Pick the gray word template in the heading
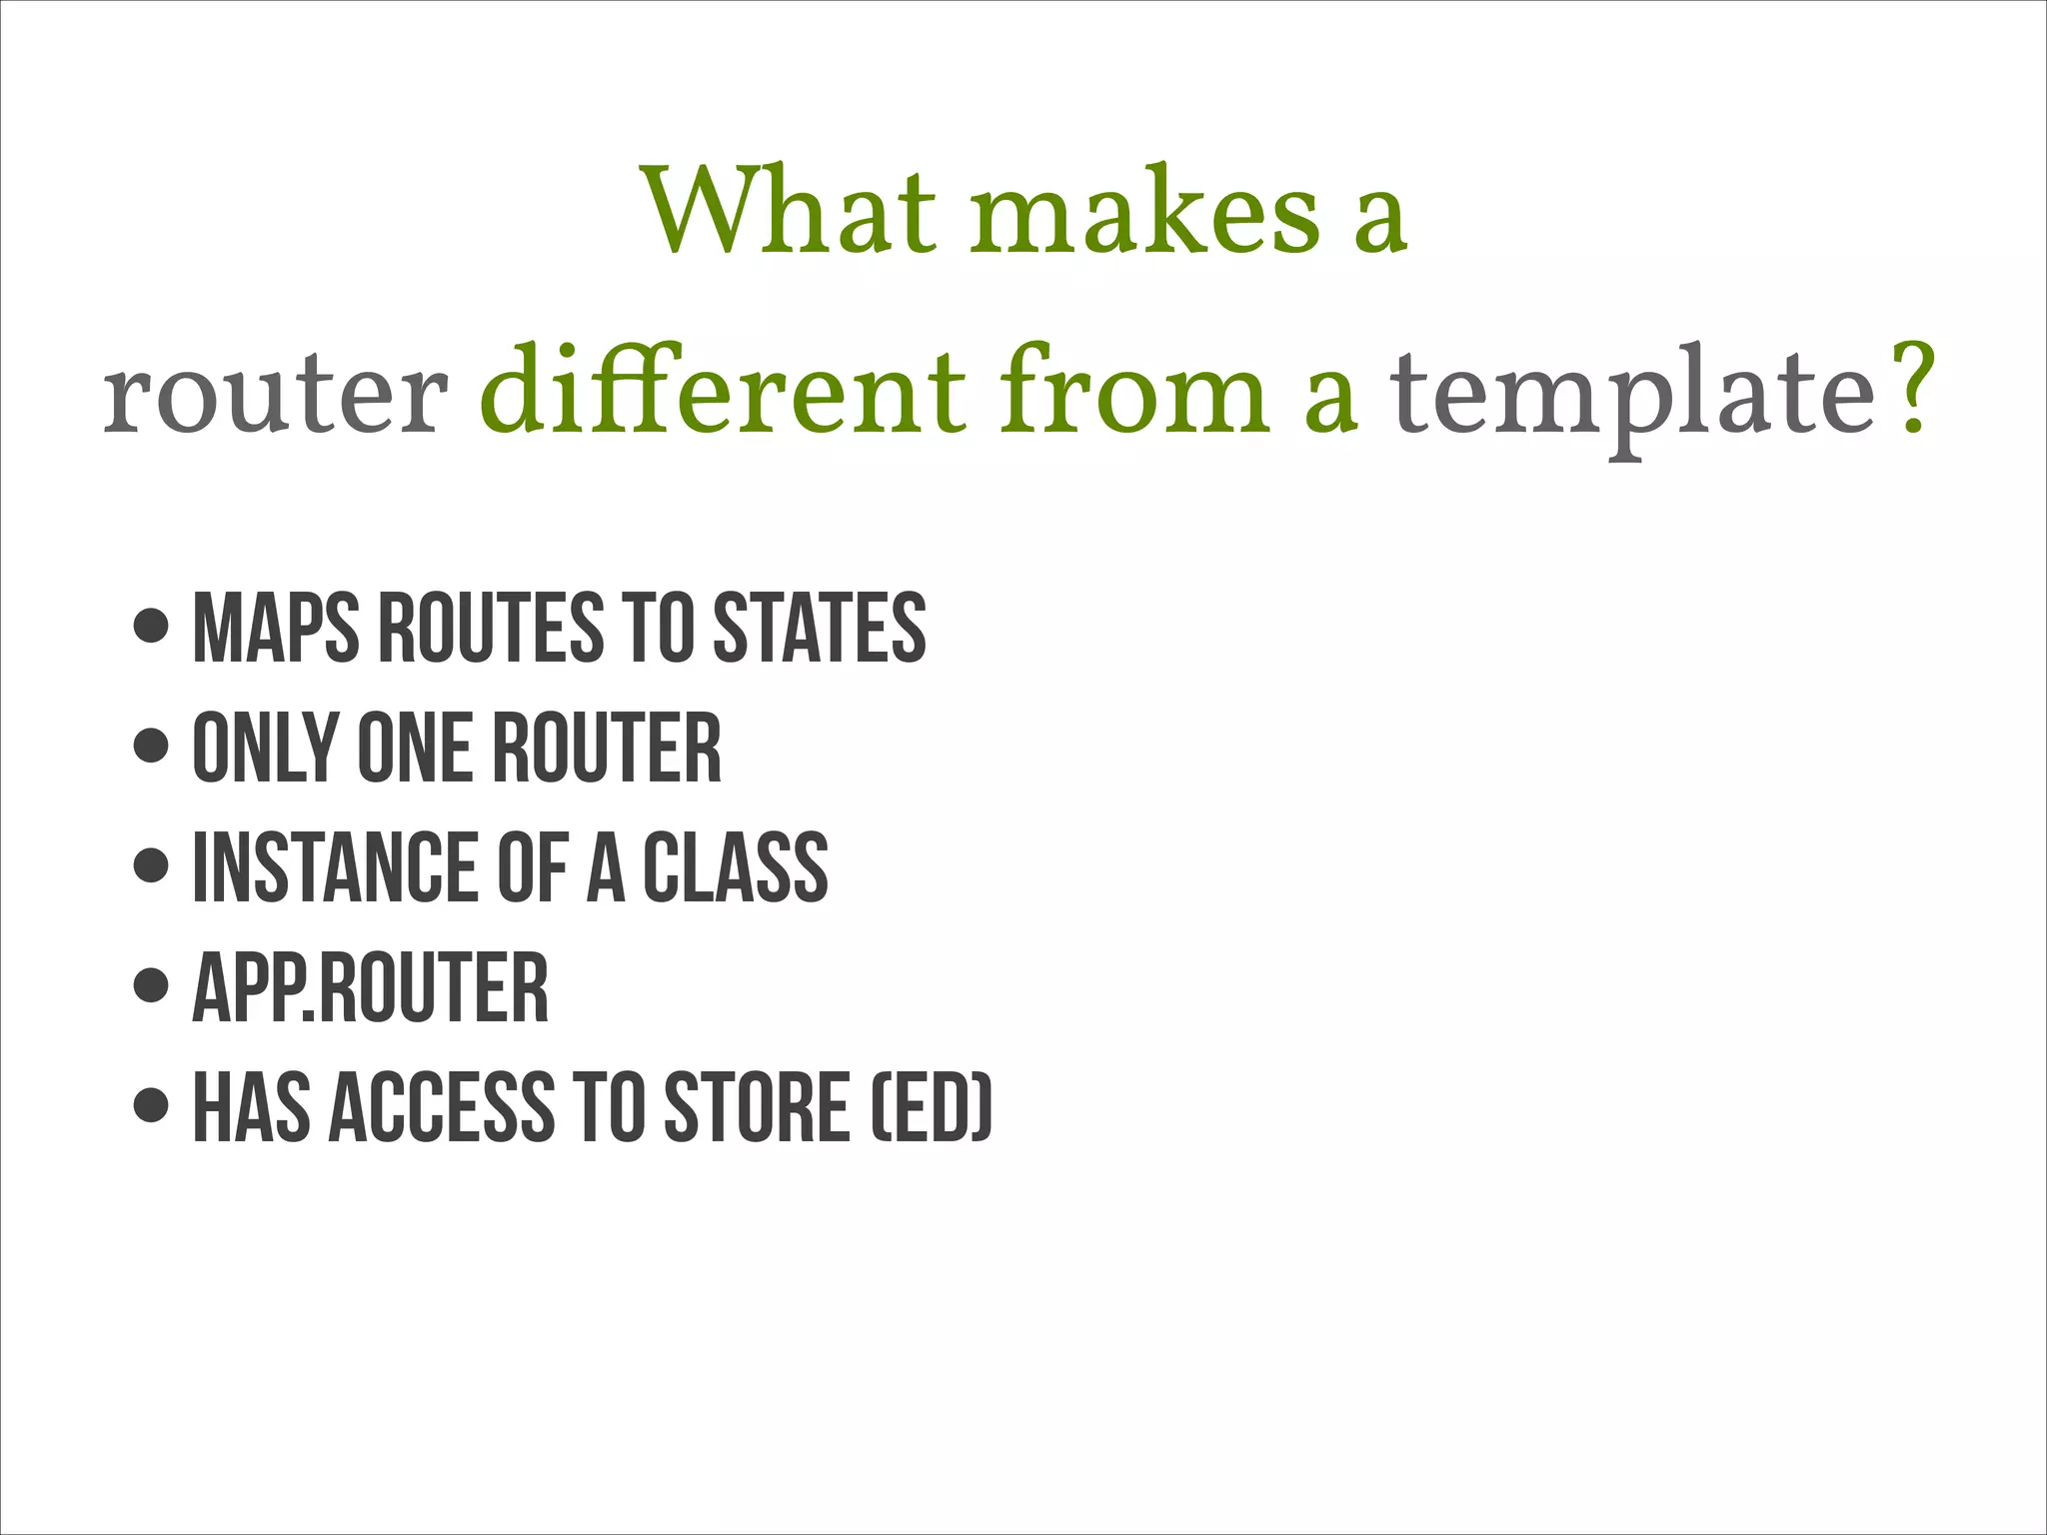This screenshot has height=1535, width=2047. click(x=1635, y=396)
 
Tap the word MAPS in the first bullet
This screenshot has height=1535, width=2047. click(x=276, y=628)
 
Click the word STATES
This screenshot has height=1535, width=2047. click(x=820, y=628)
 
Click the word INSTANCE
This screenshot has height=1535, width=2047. click(x=335, y=867)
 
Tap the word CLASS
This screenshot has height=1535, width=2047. click(x=736, y=867)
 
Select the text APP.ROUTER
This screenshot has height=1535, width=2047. click(x=371, y=987)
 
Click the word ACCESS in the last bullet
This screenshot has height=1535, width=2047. click(x=441, y=1107)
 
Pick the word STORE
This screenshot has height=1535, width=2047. click(x=757, y=1107)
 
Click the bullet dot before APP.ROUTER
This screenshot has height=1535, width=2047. click(x=151, y=984)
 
